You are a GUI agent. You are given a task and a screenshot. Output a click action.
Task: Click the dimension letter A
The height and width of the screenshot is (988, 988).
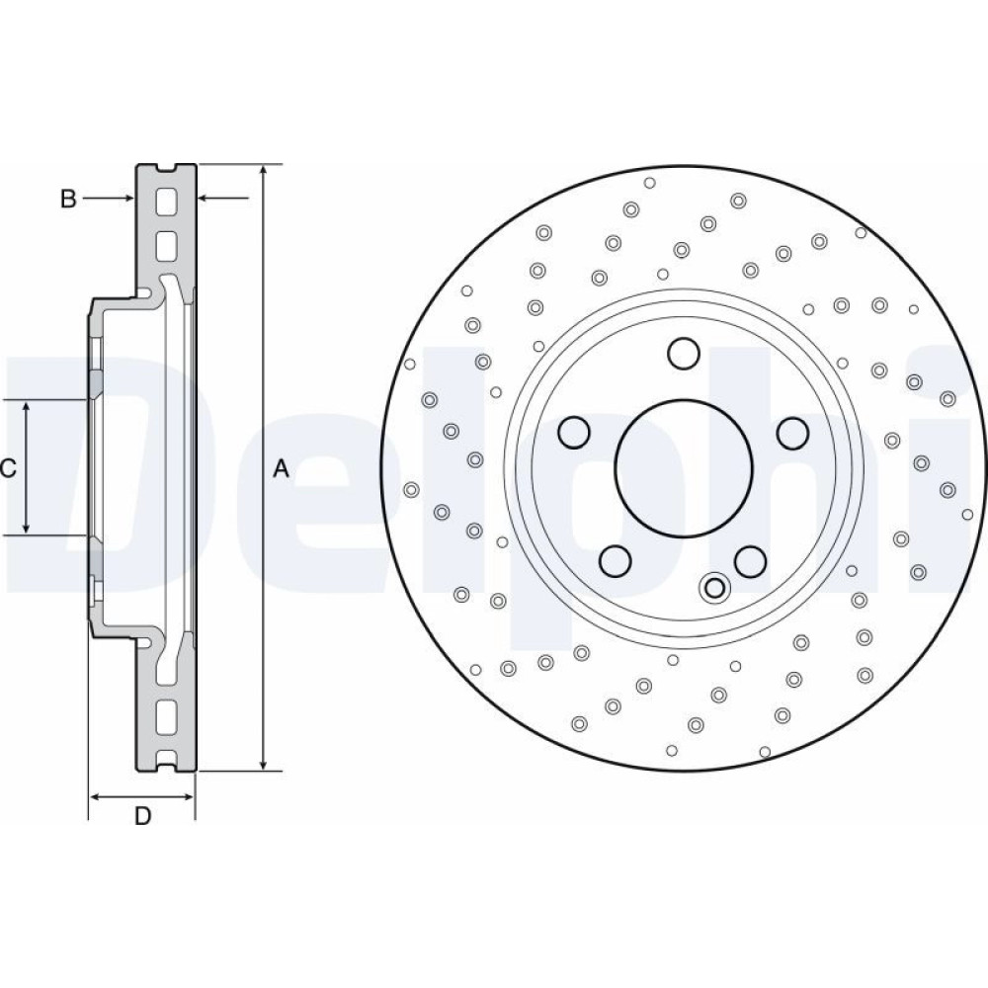(x=281, y=469)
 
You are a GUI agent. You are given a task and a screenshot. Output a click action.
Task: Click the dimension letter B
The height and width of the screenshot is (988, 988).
(x=67, y=199)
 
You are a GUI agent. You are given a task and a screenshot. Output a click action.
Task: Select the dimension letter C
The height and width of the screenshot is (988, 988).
(x=8, y=468)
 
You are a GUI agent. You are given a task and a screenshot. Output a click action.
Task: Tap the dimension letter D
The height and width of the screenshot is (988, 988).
(x=142, y=816)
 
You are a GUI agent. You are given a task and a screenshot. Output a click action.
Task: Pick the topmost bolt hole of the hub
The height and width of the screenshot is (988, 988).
(x=683, y=353)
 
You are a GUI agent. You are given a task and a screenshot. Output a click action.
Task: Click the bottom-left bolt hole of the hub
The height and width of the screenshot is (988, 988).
(x=616, y=560)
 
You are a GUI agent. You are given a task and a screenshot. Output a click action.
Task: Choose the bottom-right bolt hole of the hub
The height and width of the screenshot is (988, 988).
(x=751, y=560)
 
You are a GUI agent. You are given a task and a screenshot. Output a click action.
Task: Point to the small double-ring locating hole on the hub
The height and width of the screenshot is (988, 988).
(x=712, y=588)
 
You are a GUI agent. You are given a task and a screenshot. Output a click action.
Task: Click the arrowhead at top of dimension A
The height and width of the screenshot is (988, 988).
(x=264, y=170)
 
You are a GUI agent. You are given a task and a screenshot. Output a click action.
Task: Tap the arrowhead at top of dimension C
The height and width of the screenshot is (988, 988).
(x=27, y=406)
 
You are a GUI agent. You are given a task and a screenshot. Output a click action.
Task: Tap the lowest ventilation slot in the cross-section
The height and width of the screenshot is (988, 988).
(x=166, y=713)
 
